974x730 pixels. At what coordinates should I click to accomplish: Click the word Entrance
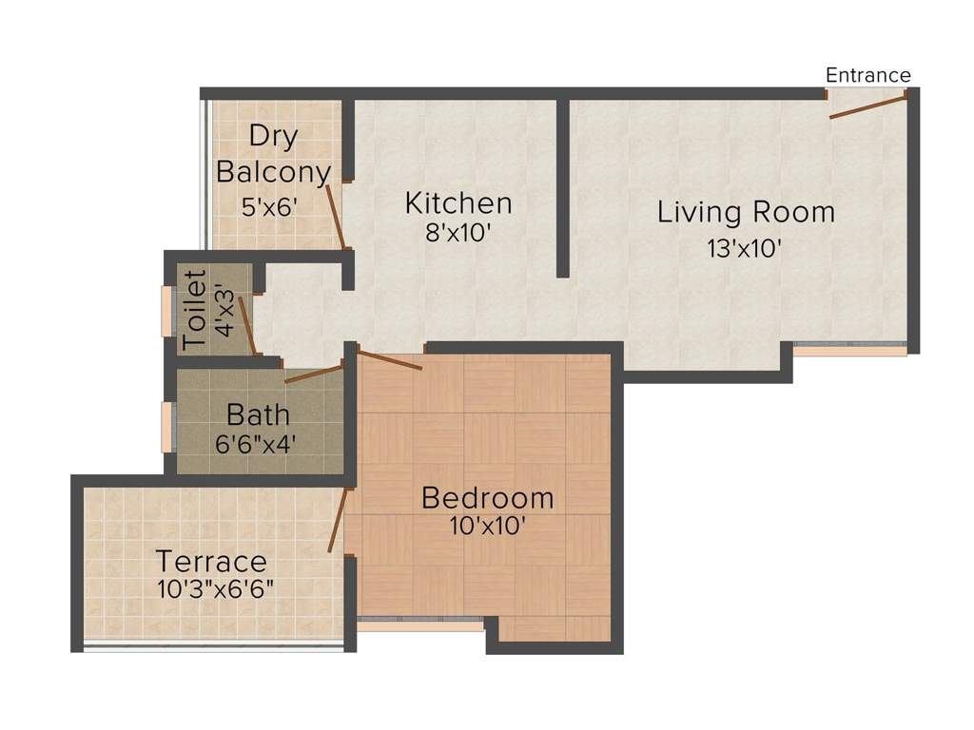click(x=867, y=75)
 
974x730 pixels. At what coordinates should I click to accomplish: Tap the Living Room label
click(x=746, y=211)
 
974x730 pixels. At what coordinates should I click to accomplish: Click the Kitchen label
click(x=458, y=202)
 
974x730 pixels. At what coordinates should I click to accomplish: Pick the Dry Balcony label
click(x=273, y=154)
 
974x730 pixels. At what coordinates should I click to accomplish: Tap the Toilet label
click(x=194, y=310)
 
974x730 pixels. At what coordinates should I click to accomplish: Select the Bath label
click(x=258, y=415)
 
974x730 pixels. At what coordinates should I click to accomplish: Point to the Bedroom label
click(x=487, y=497)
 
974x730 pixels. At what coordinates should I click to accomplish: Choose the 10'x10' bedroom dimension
click(x=487, y=526)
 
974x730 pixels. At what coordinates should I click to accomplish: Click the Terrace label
click(x=211, y=561)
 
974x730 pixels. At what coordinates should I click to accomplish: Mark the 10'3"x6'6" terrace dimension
click(x=216, y=588)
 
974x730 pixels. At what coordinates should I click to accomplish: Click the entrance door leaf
click(x=867, y=106)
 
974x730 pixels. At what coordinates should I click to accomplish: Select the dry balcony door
click(x=336, y=217)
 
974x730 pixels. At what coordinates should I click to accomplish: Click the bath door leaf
click(x=313, y=374)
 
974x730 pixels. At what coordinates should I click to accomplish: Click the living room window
click(x=848, y=348)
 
